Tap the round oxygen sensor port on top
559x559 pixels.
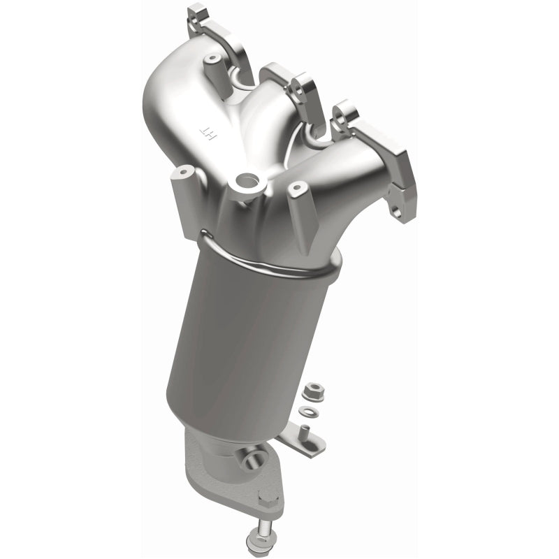(x=247, y=183)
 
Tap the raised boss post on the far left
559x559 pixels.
(x=184, y=172)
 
